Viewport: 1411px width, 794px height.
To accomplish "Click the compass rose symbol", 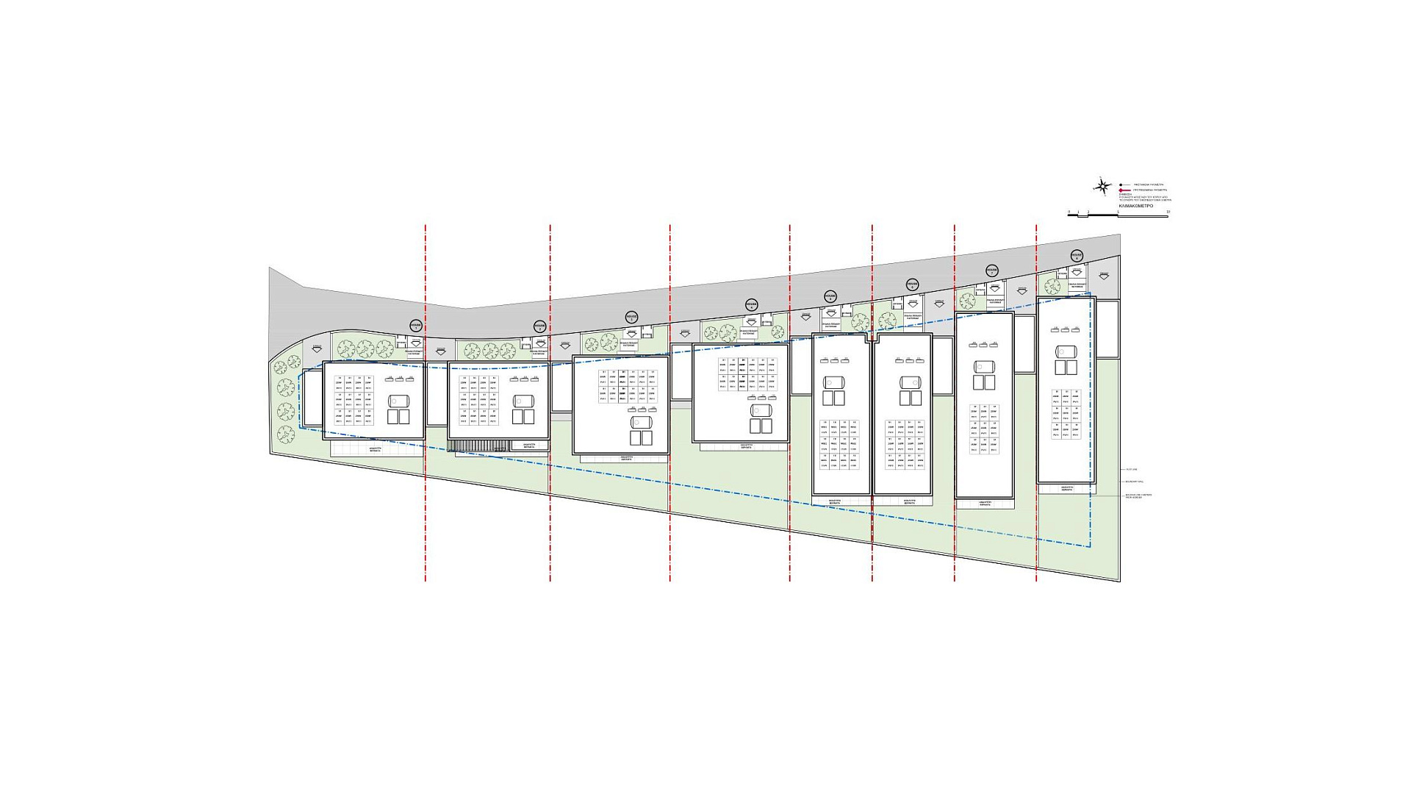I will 1102,187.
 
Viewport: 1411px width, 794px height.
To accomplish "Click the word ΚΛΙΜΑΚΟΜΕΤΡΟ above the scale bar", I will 1135,207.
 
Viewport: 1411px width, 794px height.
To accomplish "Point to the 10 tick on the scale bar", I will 1168,212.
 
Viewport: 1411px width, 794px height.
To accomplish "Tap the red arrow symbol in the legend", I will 1121,190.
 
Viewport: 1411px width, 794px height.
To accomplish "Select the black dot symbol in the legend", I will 1121,185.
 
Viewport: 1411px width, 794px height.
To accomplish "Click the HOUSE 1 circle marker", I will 416,326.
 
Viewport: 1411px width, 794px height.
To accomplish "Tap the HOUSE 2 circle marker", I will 539,326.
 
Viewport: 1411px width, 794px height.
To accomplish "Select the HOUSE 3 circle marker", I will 631,317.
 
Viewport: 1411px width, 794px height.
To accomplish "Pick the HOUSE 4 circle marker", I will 751,304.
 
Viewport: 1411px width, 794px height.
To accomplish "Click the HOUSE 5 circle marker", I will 830,296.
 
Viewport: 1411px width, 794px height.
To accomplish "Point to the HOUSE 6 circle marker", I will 912,285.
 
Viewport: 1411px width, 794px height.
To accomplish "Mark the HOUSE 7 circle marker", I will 991,271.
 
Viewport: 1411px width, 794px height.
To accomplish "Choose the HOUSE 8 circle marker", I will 1077,256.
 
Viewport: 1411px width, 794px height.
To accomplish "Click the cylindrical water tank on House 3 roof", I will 641,423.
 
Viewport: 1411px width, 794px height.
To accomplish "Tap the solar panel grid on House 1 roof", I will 353,401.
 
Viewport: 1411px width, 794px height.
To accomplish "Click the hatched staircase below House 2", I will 478,446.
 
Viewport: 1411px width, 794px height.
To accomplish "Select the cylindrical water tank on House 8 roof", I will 1066,351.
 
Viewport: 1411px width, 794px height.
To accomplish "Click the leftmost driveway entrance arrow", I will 317,348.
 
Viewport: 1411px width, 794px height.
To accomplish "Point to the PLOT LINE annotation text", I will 1131,469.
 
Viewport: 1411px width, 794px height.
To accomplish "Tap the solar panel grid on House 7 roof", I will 983,429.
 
